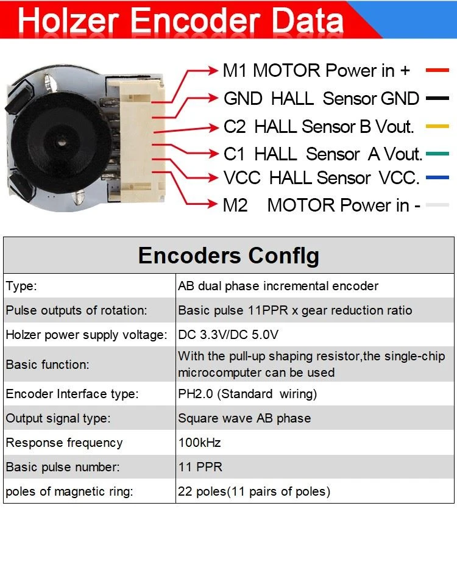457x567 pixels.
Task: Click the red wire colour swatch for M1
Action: point(437,70)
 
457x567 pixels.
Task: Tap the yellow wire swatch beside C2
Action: point(437,126)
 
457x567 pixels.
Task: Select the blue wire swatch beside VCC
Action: point(437,177)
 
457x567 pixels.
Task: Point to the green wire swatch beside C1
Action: point(437,154)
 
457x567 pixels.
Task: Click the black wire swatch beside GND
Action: point(437,98)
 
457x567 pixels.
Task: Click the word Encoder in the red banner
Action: point(195,21)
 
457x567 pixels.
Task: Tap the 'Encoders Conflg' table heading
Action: point(228,255)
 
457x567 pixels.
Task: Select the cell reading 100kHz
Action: point(199,442)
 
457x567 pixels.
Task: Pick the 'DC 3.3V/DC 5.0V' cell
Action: point(228,335)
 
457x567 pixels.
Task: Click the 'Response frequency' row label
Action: point(65,443)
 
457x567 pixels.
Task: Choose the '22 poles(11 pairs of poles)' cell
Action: point(254,491)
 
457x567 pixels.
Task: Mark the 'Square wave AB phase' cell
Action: point(244,418)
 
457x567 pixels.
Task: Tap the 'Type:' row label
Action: point(21,286)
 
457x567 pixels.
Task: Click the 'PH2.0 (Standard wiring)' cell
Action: point(247,394)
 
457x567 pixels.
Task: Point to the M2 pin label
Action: point(235,205)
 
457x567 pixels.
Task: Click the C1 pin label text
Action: point(234,154)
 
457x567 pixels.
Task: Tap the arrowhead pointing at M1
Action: point(213,70)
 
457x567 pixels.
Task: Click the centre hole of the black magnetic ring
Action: point(60,143)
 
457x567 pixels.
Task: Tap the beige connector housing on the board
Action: point(136,141)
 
